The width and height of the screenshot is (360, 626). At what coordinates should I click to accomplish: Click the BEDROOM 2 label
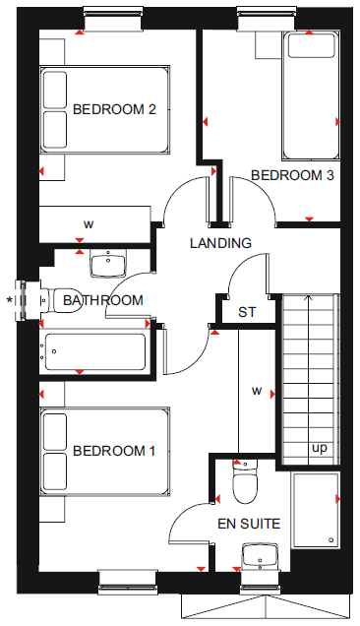click(x=114, y=109)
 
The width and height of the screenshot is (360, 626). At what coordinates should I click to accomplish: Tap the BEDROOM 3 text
click(x=292, y=175)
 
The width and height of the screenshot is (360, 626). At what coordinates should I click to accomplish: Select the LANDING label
click(x=220, y=243)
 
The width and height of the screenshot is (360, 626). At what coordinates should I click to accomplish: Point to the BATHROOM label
click(x=103, y=300)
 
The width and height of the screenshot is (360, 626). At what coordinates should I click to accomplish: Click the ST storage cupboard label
click(x=247, y=312)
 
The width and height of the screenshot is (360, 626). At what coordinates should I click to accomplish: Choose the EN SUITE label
click(x=249, y=524)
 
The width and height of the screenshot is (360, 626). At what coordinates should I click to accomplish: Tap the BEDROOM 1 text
click(x=114, y=451)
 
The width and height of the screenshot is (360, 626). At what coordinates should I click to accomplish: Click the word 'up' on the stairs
click(x=319, y=449)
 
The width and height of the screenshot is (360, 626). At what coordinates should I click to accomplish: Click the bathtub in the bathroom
click(x=95, y=351)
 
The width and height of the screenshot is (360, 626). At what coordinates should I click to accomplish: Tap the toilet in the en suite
click(x=245, y=481)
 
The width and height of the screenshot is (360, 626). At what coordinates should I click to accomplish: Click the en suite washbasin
click(x=261, y=555)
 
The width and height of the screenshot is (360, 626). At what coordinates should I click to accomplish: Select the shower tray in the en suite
click(x=316, y=510)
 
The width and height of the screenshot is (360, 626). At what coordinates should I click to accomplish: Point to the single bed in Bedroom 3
click(x=311, y=96)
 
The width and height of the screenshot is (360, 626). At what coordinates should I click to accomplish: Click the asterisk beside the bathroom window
click(x=10, y=299)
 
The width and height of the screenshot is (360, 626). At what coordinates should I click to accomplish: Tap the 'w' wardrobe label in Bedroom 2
click(x=89, y=224)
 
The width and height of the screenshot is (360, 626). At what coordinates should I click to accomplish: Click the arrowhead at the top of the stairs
click(x=308, y=297)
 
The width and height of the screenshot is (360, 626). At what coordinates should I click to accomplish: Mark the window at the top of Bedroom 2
click(x=113, y=20)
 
